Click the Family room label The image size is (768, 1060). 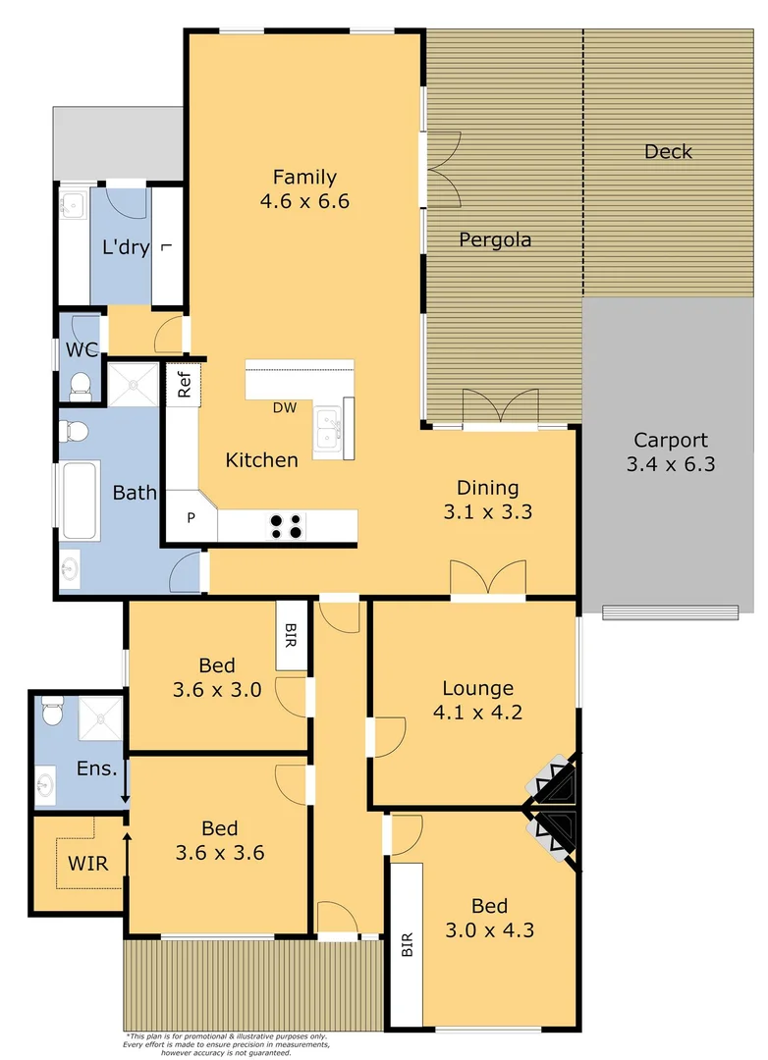[304, 178]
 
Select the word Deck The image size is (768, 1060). [668, 152]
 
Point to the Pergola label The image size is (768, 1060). [495, 239]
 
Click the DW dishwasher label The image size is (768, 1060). [285, 407]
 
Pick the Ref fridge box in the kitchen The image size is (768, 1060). [184, 383]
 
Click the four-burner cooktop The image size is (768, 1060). [287, 527]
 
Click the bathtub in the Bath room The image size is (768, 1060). [79, 500]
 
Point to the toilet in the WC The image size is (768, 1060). [80, 384]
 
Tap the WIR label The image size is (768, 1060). [87, 865]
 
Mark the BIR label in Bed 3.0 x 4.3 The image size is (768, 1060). [407, 944]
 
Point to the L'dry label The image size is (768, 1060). [126, 247]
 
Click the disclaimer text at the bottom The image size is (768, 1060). [227, 1044]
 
